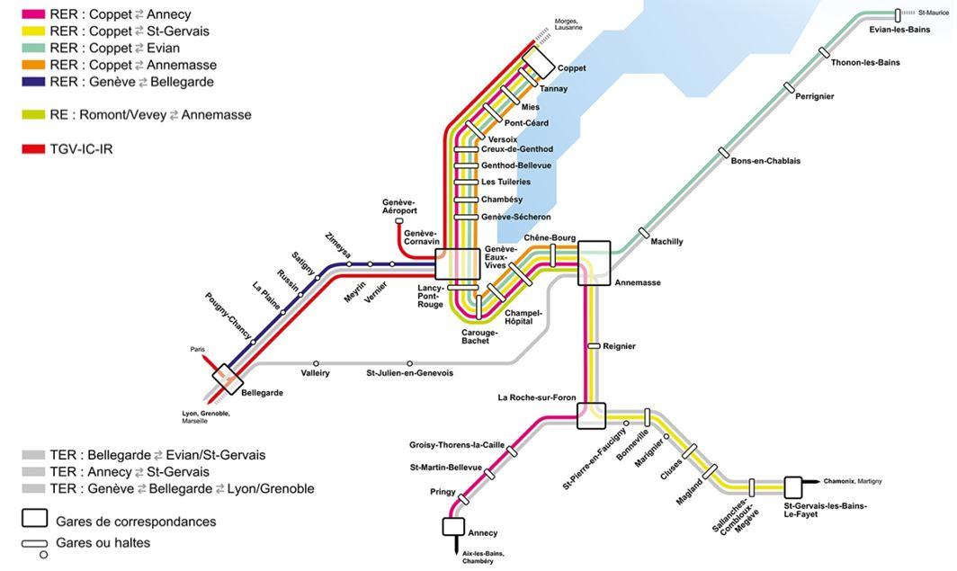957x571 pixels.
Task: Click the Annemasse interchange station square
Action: pyautogui.click(x=595, y=263)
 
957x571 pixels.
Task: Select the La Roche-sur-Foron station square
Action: pyautogui.click(x=591, y=416)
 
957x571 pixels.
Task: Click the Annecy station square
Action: pyautogui.click(x=453, y=526)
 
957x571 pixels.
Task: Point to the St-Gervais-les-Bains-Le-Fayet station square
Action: pyautogui.click(x=793, y=487)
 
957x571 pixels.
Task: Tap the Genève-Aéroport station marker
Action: pyautogui.click(x=398, y=220)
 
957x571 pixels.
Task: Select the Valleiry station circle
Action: pyautogui.click(x=316, y=363)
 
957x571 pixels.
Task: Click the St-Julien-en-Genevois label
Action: pyautogui.click(x=409, y=373)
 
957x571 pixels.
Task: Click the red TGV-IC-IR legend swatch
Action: pyautogui.click(x=34, y=148)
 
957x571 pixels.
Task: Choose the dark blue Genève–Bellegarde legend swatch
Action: pyautogui.click(x=34, y=82)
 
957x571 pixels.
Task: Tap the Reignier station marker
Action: pyautogui.click(x=594, y=345)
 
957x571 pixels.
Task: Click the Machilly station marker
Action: pyautogui.click(x=644, y=233)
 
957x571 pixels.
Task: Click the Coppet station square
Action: pyautogui.click(x=539, y=62)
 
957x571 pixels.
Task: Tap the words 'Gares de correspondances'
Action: pyautogui.click(x=136, y=522)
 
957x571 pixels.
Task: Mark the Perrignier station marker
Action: pyautogui.click(x=789, y=87)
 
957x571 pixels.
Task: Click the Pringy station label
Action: pyautogui.click(x=444, y=492)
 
